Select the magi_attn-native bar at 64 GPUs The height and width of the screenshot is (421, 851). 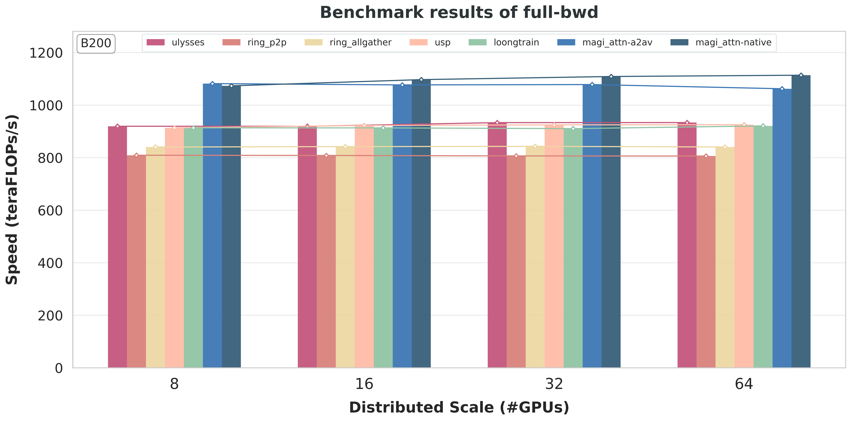pos(801,221)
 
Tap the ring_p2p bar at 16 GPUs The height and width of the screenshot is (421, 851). pos(326,261)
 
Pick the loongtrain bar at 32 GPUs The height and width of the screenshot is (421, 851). pos(573,248)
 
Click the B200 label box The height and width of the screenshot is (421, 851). pos(96,43)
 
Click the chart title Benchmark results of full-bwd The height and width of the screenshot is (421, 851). pos(459,13)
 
